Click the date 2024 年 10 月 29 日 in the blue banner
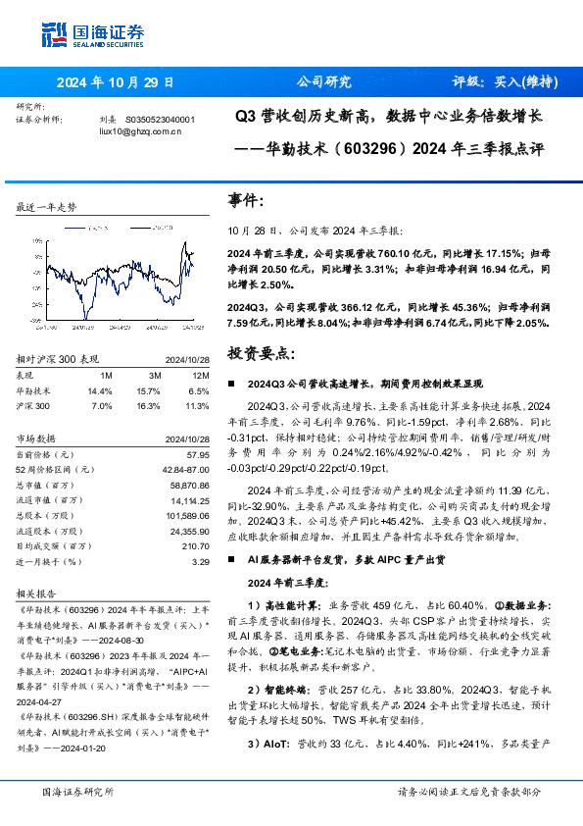click(116, 82)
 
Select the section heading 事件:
click(246, 201)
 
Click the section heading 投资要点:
click(260, 350)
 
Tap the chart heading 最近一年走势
click(46, 208)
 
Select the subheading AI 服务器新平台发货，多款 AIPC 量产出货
click(344, 559)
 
